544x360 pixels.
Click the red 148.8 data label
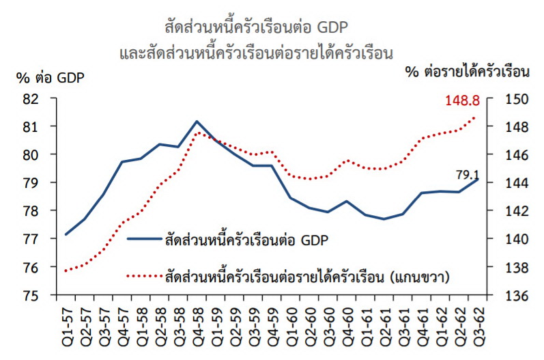(463, 101)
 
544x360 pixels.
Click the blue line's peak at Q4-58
(197, 122)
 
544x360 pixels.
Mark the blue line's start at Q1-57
(66, 234)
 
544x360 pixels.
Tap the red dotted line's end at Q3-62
(477, 116)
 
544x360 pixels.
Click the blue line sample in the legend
(144, 240)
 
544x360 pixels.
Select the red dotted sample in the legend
(144, 277)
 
